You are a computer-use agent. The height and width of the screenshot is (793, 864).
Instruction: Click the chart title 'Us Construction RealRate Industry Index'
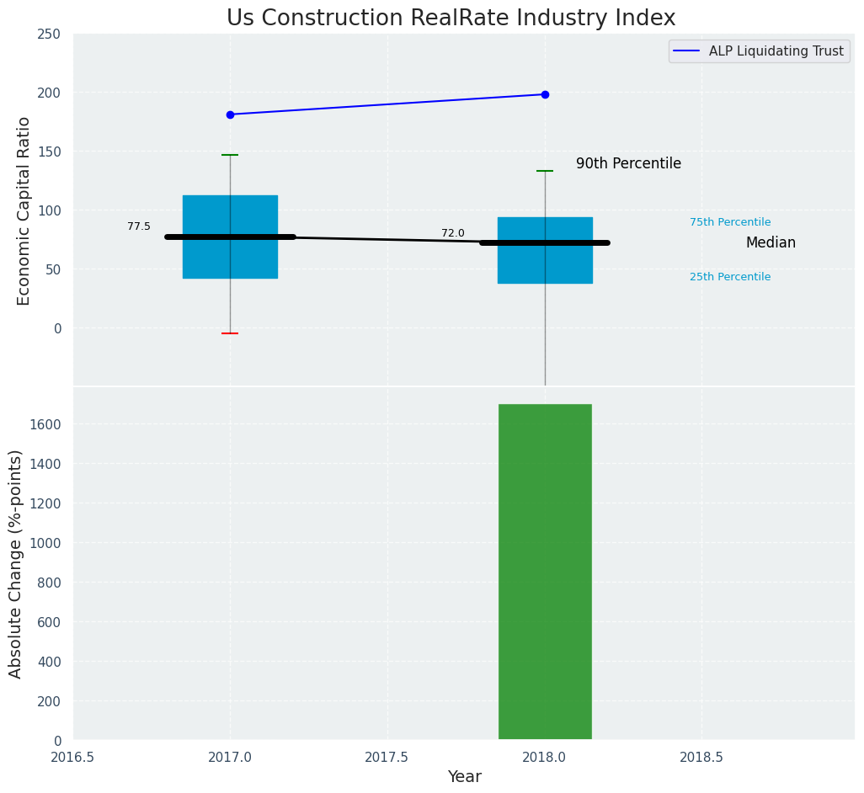point(451,19)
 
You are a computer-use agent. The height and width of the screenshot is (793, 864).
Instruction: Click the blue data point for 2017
point(230,114)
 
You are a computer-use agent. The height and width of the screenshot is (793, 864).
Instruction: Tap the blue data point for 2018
point(545,94)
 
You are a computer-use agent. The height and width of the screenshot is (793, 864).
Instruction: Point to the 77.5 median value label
point(139,226)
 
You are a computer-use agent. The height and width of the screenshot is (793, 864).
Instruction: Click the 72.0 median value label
point(453,233)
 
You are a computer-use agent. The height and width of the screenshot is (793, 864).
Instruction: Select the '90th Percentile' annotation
point(628,164)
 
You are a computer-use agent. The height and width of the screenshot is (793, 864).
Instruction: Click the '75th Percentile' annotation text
point(730,222)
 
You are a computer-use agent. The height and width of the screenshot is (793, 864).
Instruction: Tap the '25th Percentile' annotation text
point(730,277)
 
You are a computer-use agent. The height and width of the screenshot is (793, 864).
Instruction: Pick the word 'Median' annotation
point(771,243)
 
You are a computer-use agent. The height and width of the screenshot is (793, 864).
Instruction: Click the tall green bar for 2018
point(545,572)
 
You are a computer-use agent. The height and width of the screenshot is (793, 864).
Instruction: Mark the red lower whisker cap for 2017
point(230,333)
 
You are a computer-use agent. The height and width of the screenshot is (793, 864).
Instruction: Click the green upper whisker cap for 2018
point(545,171)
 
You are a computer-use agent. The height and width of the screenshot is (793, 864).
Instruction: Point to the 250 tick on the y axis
point(49,34)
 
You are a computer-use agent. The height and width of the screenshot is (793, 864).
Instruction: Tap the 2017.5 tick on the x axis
point(387,757)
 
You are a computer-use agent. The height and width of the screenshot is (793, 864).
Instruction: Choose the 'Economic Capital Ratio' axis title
point(24,210)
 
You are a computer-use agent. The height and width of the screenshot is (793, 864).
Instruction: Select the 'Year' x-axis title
point(464,777)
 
